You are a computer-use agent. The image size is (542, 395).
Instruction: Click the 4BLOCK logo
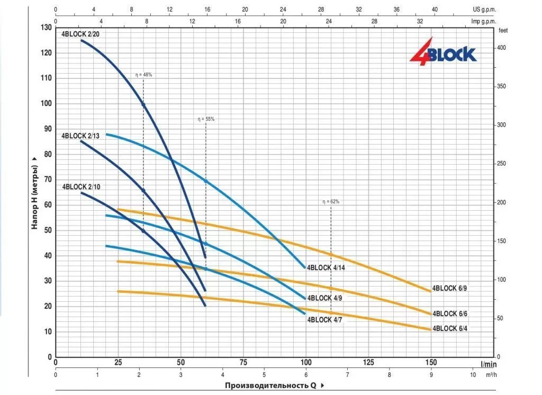pyautogui.click(x=443, y=52)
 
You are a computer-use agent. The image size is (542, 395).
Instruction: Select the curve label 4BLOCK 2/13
pyautogui.click(x=80, y=136)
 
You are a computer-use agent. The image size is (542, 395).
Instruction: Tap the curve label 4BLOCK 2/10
pyautogui.click(x=81, y=186)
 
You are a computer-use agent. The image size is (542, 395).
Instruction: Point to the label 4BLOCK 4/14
pyautogui.click(x=326, y=267)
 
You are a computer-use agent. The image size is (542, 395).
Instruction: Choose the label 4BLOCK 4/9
pyautogui.click(x=324, y=298)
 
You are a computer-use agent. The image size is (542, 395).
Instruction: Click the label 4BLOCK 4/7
pyautogui.click(x=324, y=319)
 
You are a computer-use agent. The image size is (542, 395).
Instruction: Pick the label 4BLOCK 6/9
pyautogui.click(x=449, y=288)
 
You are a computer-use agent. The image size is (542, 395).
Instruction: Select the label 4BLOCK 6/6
pyautogui.click(x=450, y=313)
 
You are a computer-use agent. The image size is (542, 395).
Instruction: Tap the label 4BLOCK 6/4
pyautogui.click(x=450, y=328)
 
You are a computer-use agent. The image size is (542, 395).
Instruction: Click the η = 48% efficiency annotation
pyautogui.click(x=143, y=75)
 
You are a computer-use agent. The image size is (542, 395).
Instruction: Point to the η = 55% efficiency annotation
pyautogui.click(x=206, y=119)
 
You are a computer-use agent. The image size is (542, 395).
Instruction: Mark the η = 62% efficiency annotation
pyautogui.click(x=331, y=202)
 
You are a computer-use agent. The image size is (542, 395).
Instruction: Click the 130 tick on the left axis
pyautogui.click(x=46, y=28)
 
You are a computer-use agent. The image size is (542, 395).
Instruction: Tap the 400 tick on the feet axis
pyautogui.click(x=502, y=48)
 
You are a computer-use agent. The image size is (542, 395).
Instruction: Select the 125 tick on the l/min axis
pyautogui.click(x=368, y=363)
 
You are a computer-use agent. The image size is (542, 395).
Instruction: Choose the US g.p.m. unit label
pyautogui.click(x=485, y=10)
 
